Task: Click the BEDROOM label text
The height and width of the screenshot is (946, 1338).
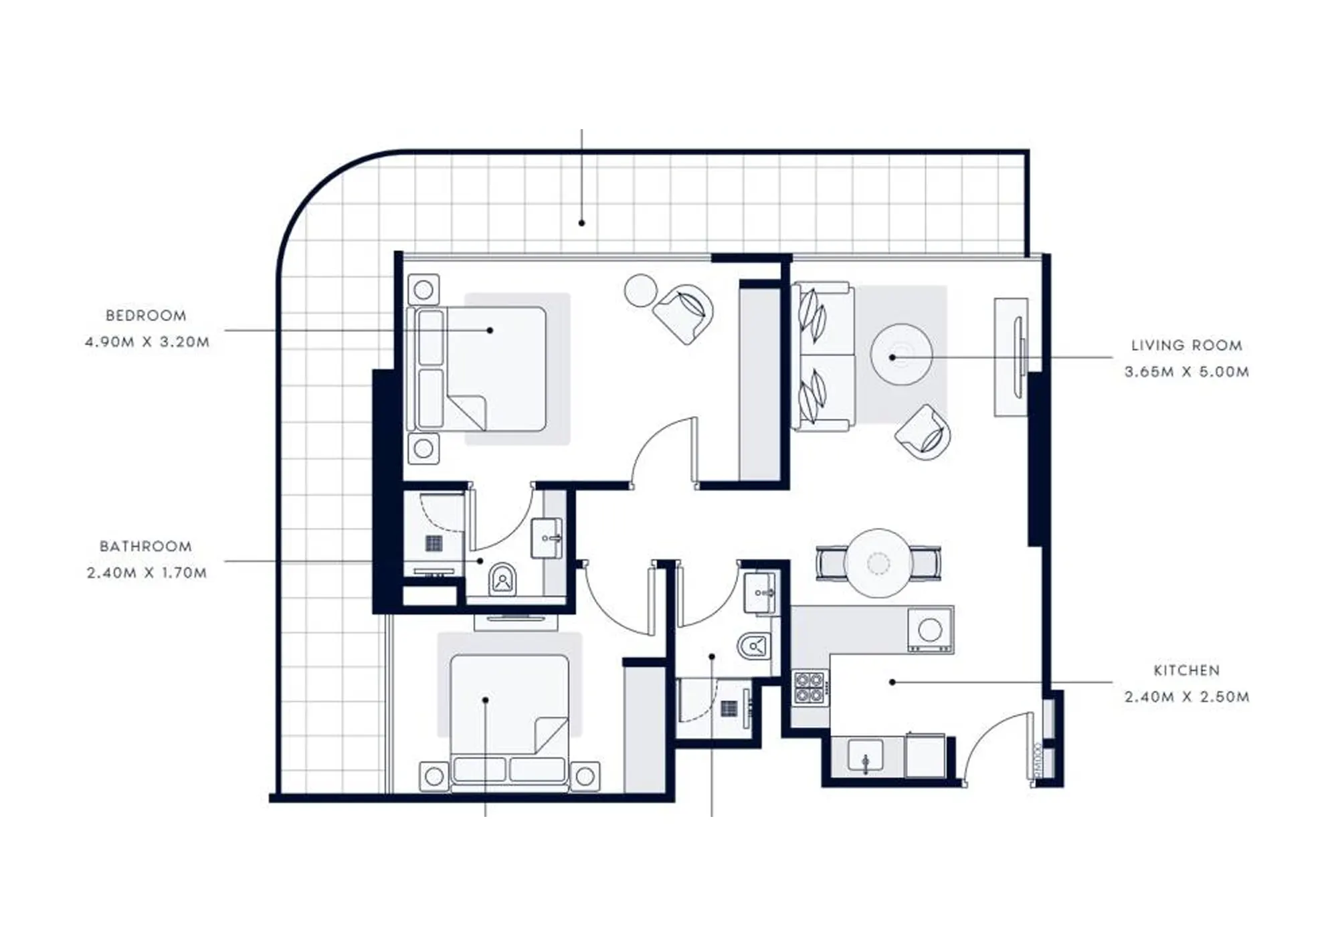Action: [x=146, y=315]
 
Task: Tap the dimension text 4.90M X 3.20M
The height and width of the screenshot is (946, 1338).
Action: [x=147, y=342]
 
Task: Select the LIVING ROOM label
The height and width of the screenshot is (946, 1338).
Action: [x=1187, y=345]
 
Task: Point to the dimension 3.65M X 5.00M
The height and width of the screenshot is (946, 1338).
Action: [x=1187, y=372]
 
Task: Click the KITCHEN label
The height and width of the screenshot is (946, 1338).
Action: [x=1187, y=670]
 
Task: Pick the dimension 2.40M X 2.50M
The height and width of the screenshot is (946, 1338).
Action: [x=1187, y=697]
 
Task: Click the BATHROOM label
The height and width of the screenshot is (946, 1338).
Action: [x=146, y=547]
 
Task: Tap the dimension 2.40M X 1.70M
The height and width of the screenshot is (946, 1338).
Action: [x=147, y=573]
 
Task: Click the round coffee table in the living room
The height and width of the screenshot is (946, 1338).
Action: [x=901, y=355]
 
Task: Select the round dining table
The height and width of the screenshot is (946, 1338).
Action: [x=878, y=563]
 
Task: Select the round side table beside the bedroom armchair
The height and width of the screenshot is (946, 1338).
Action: [x=641, y=291]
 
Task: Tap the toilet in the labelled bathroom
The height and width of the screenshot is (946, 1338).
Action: [x=502, y=579]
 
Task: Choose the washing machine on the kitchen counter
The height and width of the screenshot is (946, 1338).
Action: [x=931, y=629]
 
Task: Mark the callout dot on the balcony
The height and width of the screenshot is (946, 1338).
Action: [x=582, y=223]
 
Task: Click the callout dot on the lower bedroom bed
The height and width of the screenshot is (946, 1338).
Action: [x=486, y=700]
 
